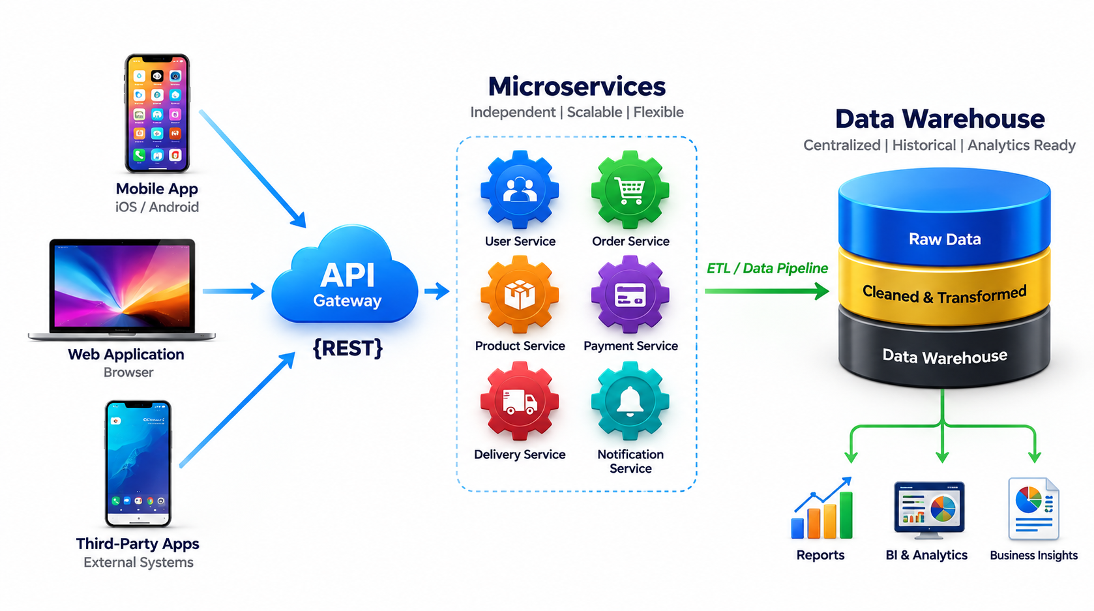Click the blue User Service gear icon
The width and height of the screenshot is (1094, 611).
pyautogui.click(x=520, y=190)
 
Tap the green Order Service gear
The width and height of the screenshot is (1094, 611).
pyautogui.click(x=630, y=190)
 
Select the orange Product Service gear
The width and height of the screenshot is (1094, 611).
pyautogui.click(x=520, y=295)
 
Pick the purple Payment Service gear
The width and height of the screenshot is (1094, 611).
pyautogui.click(x=630, y=295)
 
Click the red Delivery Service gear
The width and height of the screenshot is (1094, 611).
pyautogui.click(x=520, y=400)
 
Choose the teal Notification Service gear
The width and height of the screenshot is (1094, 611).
pyautogui.click(x=630, y=400)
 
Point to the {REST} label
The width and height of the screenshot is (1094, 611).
pyautogui.click(x=347, y=348)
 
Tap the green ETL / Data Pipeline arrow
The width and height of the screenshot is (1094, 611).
pyautogui.click(x=767, y=291)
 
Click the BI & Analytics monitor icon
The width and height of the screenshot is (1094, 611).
pyautogui.click(x=929, y=509)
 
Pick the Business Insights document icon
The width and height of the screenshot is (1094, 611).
pyautogui.click(x=1033, y=509)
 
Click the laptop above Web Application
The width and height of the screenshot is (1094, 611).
pyautogui.click(x=122, y=290)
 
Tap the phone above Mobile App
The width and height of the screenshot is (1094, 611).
pyautogui.click(x=156, y=113)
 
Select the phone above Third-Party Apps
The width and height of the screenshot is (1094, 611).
pyautogui.click(x=138, y=464)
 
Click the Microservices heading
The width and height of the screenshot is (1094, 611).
pyautogui.click(x=577, y=87)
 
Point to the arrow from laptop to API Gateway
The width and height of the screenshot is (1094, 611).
pyautogui.click(x=234, y=291)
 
